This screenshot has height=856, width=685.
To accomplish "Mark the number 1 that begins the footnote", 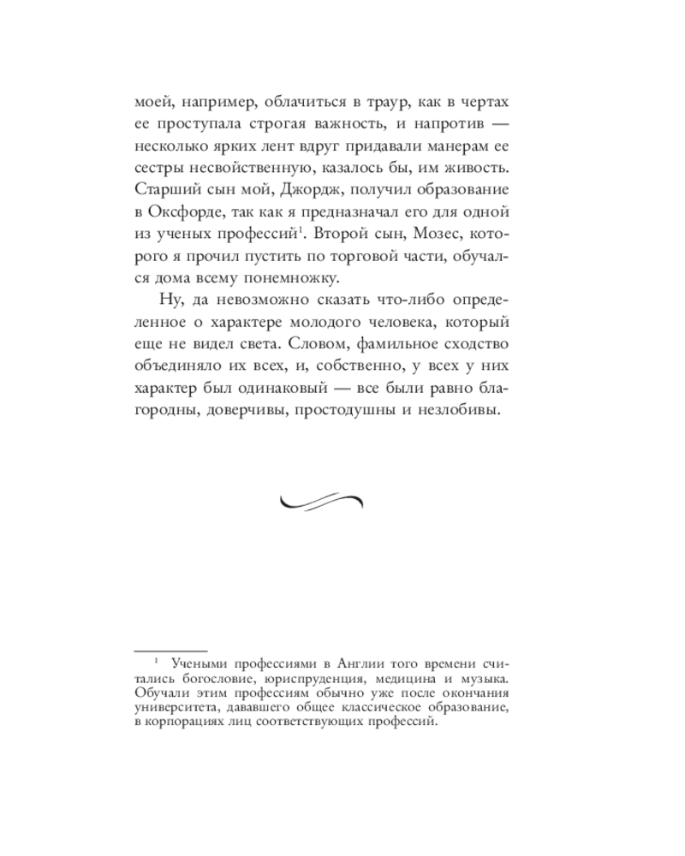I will click(156, 661).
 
